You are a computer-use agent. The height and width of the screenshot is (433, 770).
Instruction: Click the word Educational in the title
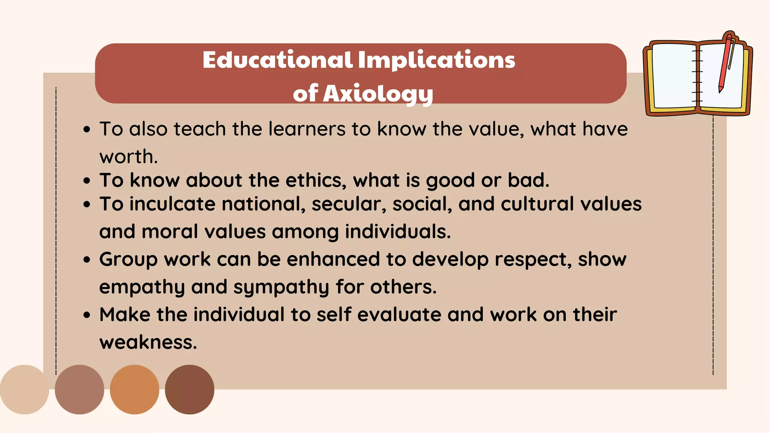tap(277, 60)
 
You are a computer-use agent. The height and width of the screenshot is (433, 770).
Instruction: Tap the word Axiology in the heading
tap(378, 93)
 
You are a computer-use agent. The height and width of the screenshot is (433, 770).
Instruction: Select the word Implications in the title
tap(437, 60)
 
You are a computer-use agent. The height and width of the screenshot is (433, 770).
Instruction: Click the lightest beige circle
tap(24, 389)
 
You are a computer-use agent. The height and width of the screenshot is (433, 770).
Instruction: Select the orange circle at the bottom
tap(134, 389)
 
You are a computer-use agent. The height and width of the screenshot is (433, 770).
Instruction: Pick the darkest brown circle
tap(189, 389)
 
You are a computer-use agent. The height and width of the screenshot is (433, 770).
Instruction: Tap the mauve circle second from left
tap(79, 389)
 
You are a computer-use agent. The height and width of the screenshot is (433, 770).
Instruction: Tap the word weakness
tap(148, 342)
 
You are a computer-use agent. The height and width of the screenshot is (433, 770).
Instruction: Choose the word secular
tap(349, 204)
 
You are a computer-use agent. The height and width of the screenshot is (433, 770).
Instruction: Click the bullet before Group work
tap(87, 260)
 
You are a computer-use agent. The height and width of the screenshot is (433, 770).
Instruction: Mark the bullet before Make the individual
tap(87, 315)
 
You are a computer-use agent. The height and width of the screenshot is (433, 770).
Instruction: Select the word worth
tap(128, 157)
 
